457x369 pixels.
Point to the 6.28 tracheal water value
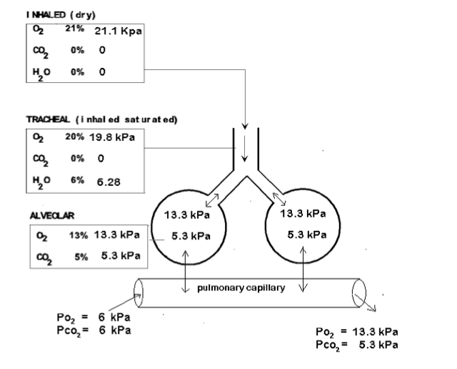pos(109,182)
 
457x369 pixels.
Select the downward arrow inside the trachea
pos(244,149)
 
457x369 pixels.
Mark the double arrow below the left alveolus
pos(186,269)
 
